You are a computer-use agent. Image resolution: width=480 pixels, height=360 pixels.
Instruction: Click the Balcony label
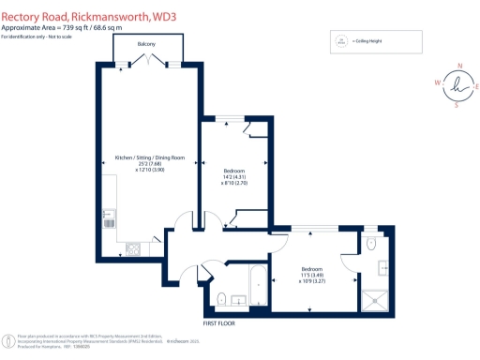tap(144, 44)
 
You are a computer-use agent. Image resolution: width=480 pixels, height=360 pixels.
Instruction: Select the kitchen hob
tap(132, 249)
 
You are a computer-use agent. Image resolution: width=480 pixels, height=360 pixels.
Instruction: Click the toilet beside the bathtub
tap(221, 298)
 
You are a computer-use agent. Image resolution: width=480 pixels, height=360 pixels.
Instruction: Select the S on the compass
tap(457, 105)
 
